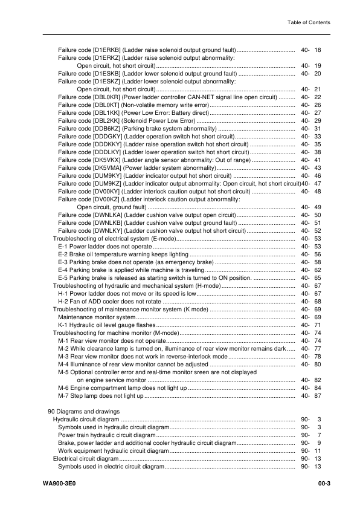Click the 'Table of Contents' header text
(309, 22)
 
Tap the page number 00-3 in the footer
(322, 484)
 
